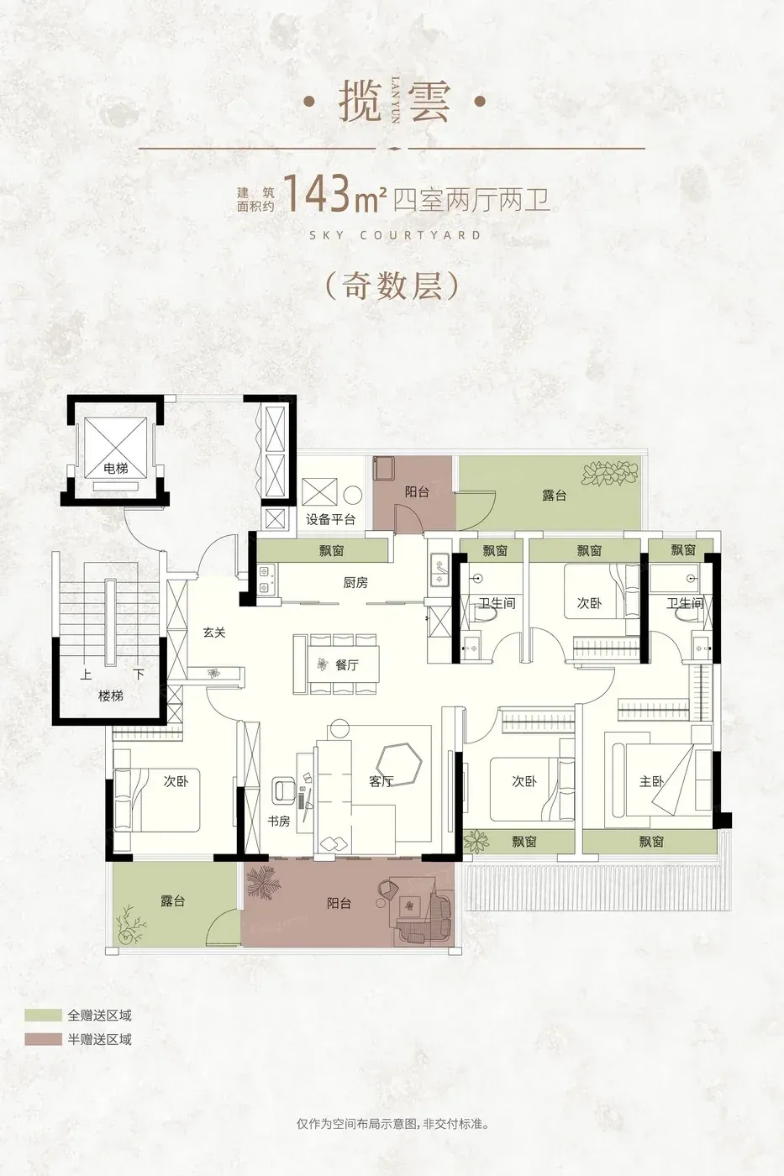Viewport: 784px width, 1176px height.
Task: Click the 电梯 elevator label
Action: tap(115, 468)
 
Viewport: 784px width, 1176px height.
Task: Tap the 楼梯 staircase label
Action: tap(111, 696)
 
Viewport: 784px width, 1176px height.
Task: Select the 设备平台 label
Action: tap(331, 520)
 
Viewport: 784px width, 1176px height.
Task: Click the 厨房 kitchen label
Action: tap(355, 582)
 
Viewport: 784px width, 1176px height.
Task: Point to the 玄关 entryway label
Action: tap(214, 633)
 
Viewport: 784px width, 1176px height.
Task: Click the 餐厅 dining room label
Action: tap(346, 665)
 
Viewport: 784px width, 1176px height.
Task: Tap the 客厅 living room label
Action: tap(381, 781)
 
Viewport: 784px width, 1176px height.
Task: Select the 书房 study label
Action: tap(279, 822)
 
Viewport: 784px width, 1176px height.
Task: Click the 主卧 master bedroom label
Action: tap(652, 781)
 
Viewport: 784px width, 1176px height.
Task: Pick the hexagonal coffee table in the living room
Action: tap(401, 764)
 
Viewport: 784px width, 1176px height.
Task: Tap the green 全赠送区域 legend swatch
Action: tap(43, 1016)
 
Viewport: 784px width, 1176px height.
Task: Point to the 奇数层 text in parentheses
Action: tap(392, 286)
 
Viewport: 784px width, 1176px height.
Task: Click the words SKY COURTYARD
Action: tap(395, 235)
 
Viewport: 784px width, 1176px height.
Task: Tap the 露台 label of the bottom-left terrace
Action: tap(173, 900)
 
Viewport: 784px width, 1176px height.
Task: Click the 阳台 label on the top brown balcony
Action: tap(417, 492)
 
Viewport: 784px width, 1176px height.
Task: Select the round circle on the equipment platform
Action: tap(352, 496)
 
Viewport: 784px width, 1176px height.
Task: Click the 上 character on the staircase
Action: tap(86, 675)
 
